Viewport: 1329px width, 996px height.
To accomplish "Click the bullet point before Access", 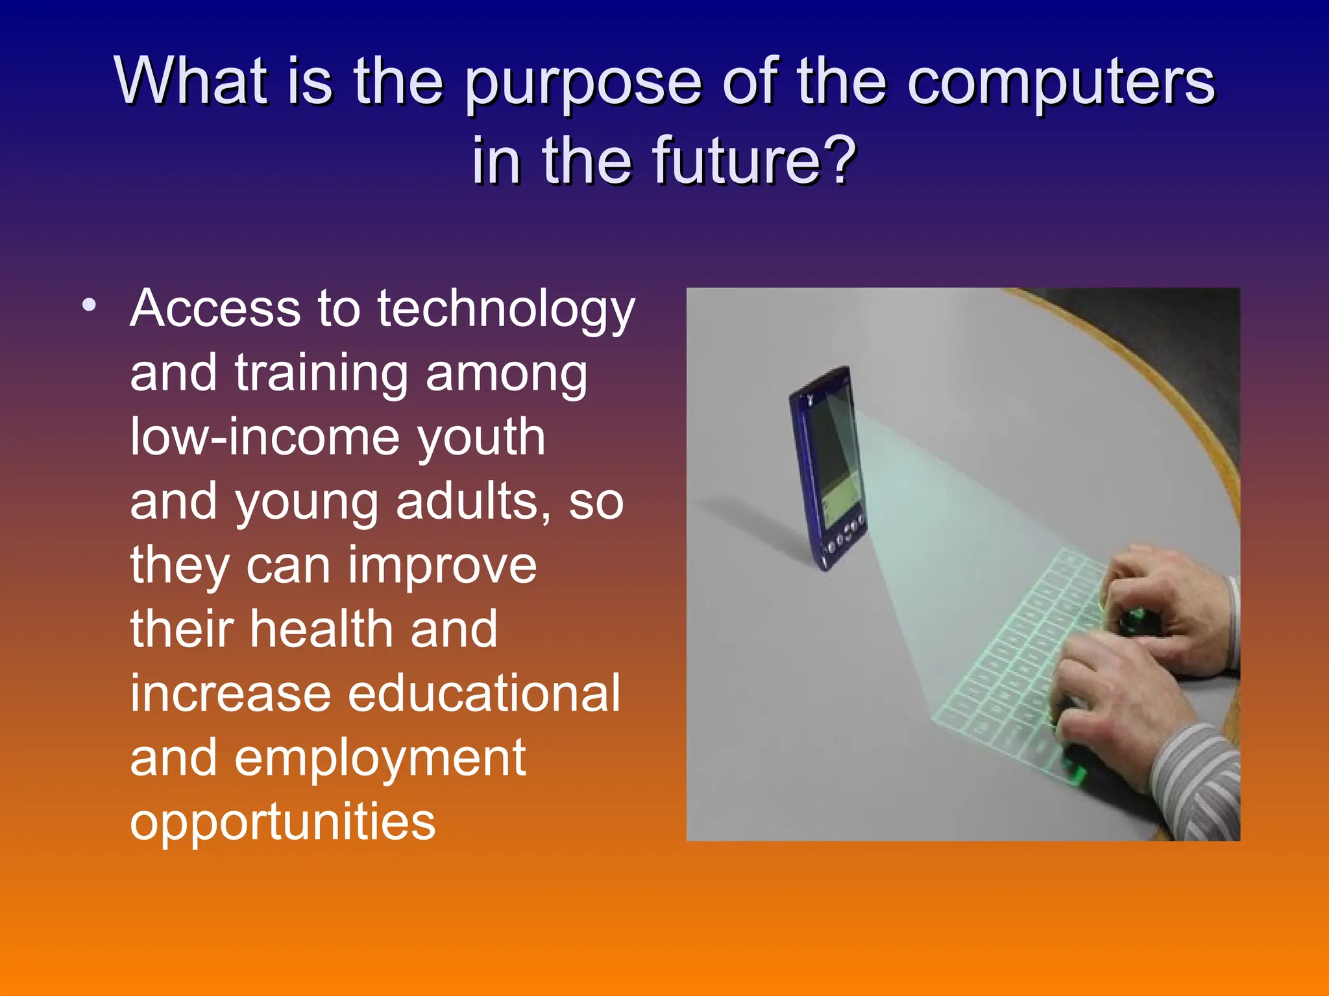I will [90, 305].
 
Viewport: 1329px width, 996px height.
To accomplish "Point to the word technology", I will [506, 310].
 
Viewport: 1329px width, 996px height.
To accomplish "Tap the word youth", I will [480, 438].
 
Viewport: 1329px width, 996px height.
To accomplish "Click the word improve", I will [442, 566].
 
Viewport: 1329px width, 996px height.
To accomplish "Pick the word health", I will [321, 630].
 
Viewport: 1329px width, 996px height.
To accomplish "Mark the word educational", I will [484, 693].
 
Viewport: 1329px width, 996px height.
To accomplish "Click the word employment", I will [379, 758].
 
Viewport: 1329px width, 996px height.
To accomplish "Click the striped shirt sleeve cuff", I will [1201, 778].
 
